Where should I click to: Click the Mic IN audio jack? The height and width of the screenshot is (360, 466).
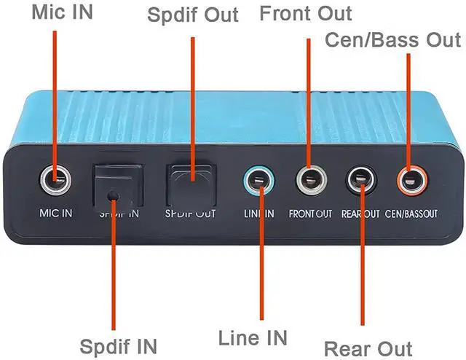55,180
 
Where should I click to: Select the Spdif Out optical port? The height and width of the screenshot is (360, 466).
191,186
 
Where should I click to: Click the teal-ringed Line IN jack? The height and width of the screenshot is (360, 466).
259,181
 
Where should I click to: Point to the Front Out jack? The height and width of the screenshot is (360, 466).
312,180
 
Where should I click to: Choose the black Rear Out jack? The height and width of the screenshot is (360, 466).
361,180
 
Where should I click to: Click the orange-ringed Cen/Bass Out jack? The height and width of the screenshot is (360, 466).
413,180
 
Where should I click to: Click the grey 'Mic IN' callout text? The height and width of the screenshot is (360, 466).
63,12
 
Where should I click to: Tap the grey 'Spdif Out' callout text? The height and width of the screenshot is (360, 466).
193,15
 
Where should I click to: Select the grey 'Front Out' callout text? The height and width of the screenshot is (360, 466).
306,13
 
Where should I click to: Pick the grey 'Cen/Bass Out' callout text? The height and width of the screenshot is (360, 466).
393,39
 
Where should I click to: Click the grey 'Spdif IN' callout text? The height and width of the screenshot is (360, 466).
118,347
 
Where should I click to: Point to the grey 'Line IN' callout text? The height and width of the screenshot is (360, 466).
253,337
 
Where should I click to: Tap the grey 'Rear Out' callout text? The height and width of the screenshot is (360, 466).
368,348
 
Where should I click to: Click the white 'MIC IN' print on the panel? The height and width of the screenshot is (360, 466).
56,213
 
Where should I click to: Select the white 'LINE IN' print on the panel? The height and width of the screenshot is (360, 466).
259,214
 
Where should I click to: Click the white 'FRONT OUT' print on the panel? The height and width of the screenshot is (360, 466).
310,214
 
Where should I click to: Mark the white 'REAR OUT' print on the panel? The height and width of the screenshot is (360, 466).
360,214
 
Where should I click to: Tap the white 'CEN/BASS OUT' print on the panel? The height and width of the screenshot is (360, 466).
411,214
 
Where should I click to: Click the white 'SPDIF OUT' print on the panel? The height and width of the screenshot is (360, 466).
191,214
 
